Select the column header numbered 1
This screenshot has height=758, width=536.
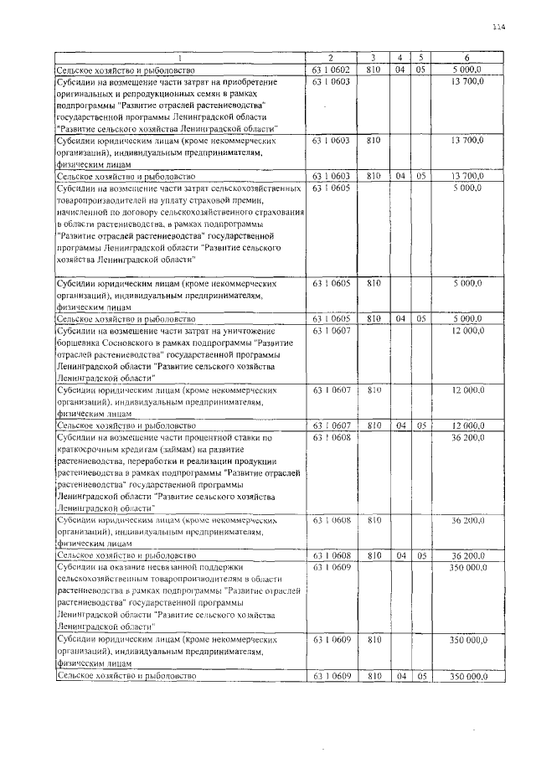click(178, 57)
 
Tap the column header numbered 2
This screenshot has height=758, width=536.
click(330, 57)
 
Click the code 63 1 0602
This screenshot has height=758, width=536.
click(330, 69)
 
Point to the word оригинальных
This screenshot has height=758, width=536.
click(86, 94)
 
